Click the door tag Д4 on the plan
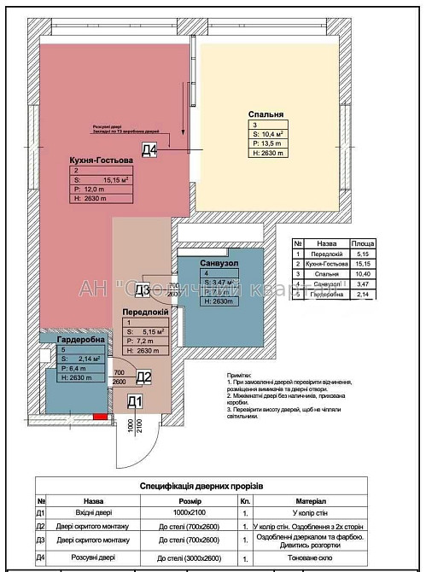[x=150, y=152]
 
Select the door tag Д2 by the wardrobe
[x=144, y=376]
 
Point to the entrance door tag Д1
[x=134, y=401]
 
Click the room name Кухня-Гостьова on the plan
[x=102, y=160]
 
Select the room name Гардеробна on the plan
[x=81, y=340]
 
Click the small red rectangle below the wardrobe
[x=100, y=416]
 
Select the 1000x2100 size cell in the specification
[x=202, y=514]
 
